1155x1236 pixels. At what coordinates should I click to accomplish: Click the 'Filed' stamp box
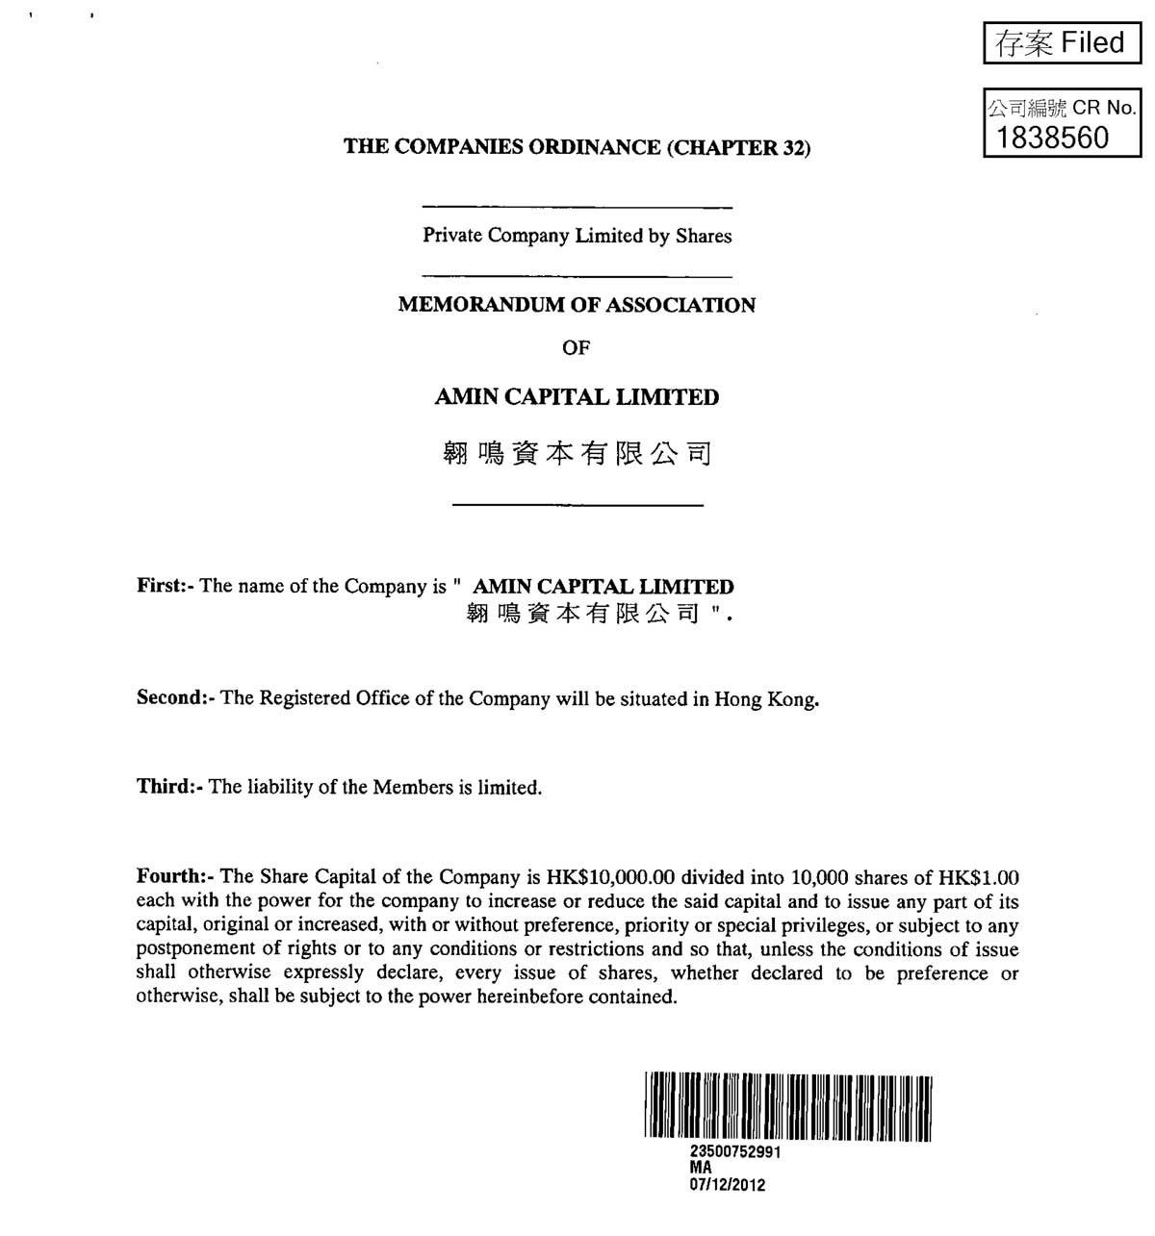click(1062, 43)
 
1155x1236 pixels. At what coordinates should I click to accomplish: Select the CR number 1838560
click(1053, 138)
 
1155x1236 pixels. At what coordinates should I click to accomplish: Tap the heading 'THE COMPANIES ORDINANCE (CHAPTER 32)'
click(577, 147)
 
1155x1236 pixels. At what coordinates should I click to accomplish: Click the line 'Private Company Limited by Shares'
click(577, 236)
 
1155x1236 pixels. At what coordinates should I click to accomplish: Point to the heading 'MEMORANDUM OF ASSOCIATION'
click(577, 305)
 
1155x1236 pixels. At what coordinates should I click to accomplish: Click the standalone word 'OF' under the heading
click(576, 348)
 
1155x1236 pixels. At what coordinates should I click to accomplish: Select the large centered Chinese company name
click(577, 453)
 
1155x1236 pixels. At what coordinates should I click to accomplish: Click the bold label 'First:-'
click(166, 586)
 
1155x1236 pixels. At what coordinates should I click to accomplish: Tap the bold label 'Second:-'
click(175, 698)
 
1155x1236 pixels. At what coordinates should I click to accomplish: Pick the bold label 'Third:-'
click(169, 787)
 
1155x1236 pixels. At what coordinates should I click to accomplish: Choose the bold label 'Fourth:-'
click(176, 877)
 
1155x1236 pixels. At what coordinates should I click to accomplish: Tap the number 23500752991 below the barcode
click(735, 1152)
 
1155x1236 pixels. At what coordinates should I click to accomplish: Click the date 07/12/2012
click(728, 1185)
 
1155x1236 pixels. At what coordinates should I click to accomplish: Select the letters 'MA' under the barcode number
click(701, 1168)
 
